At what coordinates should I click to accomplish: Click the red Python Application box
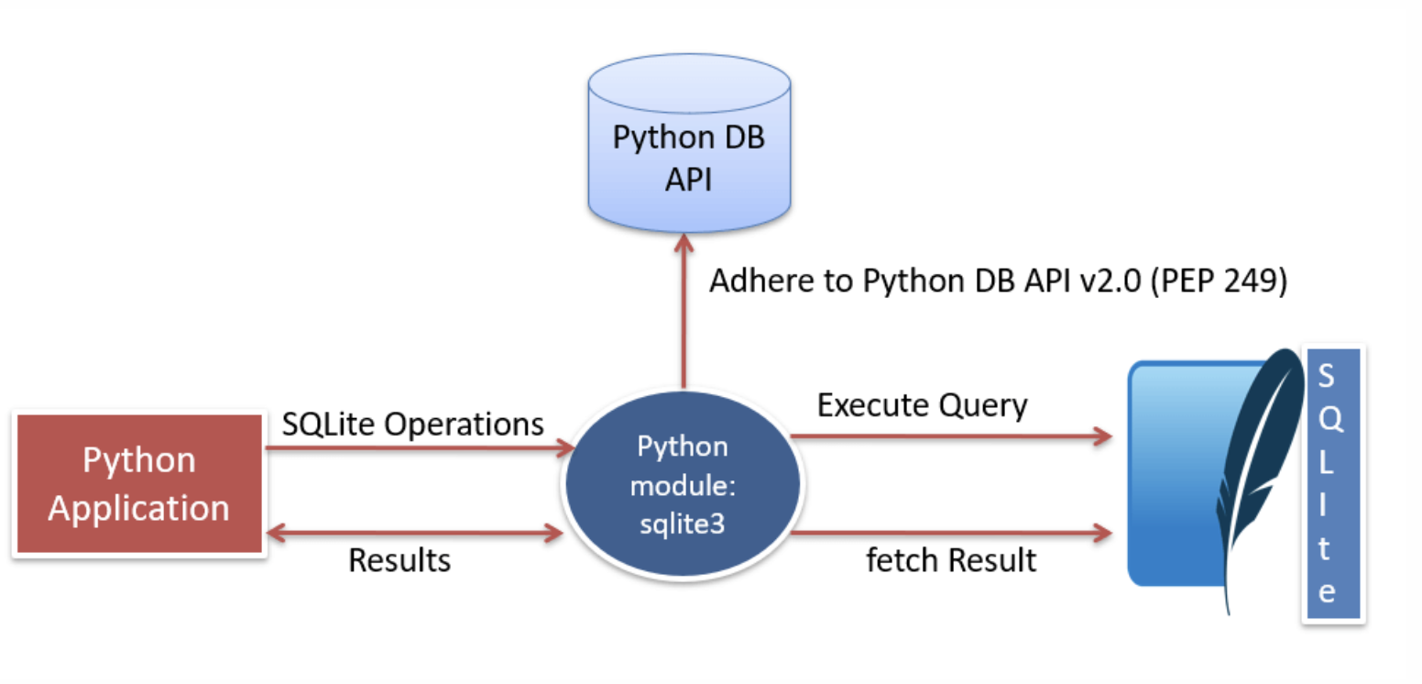139,484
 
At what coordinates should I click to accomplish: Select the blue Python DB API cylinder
689,143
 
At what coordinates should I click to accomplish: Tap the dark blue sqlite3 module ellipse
684,484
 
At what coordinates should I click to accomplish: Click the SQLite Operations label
412,425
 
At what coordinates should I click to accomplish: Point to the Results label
399,560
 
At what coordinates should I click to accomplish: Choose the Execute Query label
922,406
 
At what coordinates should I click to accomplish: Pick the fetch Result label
951,560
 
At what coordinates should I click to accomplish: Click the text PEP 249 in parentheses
1219,281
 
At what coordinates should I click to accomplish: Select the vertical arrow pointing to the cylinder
684,311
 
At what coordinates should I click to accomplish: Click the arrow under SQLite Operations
420,447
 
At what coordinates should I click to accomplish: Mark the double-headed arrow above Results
414,533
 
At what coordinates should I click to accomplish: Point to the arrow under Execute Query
951,436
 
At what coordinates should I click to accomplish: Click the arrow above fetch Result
951,533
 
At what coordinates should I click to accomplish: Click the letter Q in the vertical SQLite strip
1330,419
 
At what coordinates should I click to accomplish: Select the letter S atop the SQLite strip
1326,375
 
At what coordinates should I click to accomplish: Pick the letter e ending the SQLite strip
1327,592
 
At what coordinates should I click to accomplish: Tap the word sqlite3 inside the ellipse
683,524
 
